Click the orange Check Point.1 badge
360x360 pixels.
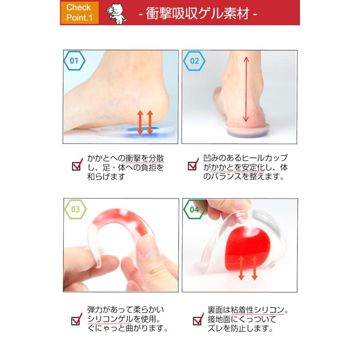pos(79,13)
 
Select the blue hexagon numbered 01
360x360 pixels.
pos(74,61)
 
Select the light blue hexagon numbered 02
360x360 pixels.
pos(194,61)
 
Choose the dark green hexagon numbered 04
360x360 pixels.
pos(194,209)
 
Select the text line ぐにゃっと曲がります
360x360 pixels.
pos(127,329)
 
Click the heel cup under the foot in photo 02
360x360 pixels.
pos(248,130)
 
